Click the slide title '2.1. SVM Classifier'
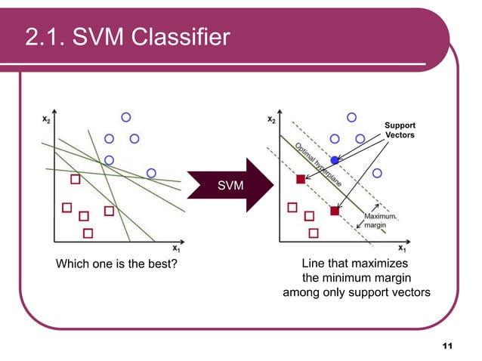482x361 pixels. (127, 35)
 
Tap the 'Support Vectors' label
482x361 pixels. (400, 129)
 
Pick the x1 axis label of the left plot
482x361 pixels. (176, 248)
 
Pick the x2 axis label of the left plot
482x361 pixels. (46, 119)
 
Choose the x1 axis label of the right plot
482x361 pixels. (403, 248)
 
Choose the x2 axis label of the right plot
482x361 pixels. (272, 119)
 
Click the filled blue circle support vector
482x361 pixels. (334, 160)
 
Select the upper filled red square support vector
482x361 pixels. (300, 179)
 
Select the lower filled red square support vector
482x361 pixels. (334, 211)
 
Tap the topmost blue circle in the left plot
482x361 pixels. (126, 117)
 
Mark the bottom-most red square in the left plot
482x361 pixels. (88, 233)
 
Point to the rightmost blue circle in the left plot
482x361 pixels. (151, 173)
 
